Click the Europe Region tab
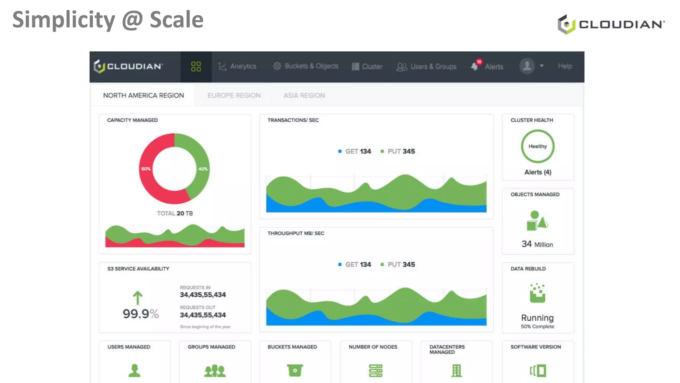tap(234, 95)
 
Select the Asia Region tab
tap(304, 95)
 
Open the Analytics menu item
tap(237, 66)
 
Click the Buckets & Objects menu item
tap(306, 66)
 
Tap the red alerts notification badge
tap(479, 62)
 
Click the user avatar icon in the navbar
tap(527, 66)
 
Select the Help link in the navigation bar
tap(565, 66)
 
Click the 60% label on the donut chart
tap(146, 169)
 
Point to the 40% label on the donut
tap(203, 169)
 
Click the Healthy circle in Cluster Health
tap(538, 146)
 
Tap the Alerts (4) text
tap(538, 172)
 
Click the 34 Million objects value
tap(537, 244)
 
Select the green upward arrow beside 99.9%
tap(137, 298)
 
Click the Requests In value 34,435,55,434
tap(203, 295)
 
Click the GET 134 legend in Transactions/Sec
tap(355, 152)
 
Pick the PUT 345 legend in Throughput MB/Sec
tap(398, 265)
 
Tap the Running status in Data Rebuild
tap(537, 318)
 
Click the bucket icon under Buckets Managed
tap(295, 370)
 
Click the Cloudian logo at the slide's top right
tap(611, 24)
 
